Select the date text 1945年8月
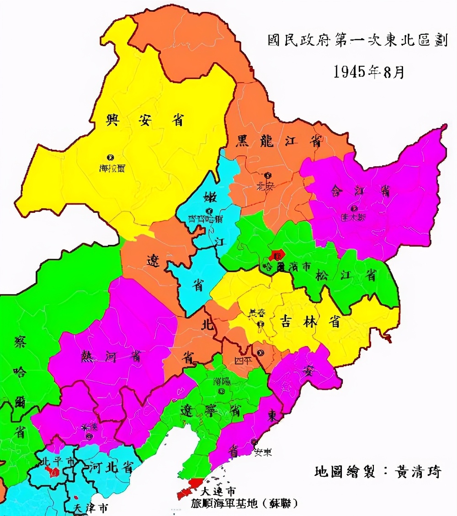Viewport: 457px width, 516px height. point(369,72)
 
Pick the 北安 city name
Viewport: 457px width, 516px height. point(265,186)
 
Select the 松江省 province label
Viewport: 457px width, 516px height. point(346,275)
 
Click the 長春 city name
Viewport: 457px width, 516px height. point(257,314)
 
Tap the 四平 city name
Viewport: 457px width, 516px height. point(243,360)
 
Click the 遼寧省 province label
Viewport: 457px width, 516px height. point(210,410)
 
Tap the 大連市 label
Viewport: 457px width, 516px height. point(218,491)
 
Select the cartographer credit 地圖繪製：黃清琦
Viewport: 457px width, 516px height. point(378,472)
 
